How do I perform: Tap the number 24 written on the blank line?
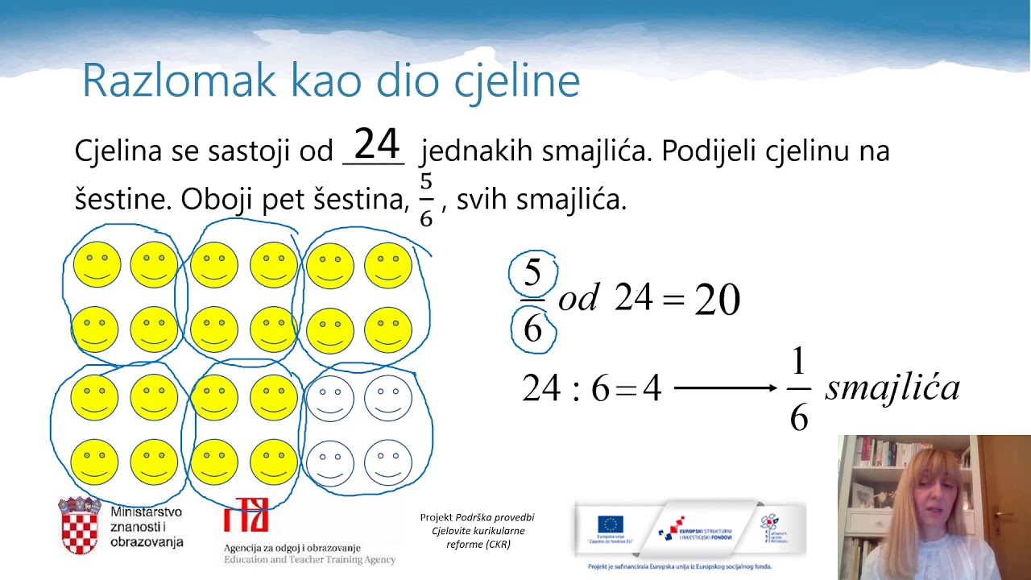pos(377,145)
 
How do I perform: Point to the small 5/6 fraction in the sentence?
pos(426,199)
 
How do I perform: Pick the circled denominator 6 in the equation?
pos(533,329)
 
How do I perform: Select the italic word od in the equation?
pos(577,300)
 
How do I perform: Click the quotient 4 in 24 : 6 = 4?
pos(652,389)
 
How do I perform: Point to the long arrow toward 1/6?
pos(725,388)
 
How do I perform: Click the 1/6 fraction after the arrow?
pos(798,391)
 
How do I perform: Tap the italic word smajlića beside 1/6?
pos(892,388)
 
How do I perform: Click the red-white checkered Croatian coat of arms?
pos(80,527)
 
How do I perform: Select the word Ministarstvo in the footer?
pos(146,512)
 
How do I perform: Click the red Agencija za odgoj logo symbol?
pos(246,515)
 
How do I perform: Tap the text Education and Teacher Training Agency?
pos(309,559)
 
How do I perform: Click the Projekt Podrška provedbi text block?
pos(478,530)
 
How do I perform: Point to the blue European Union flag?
pos(611,524)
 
